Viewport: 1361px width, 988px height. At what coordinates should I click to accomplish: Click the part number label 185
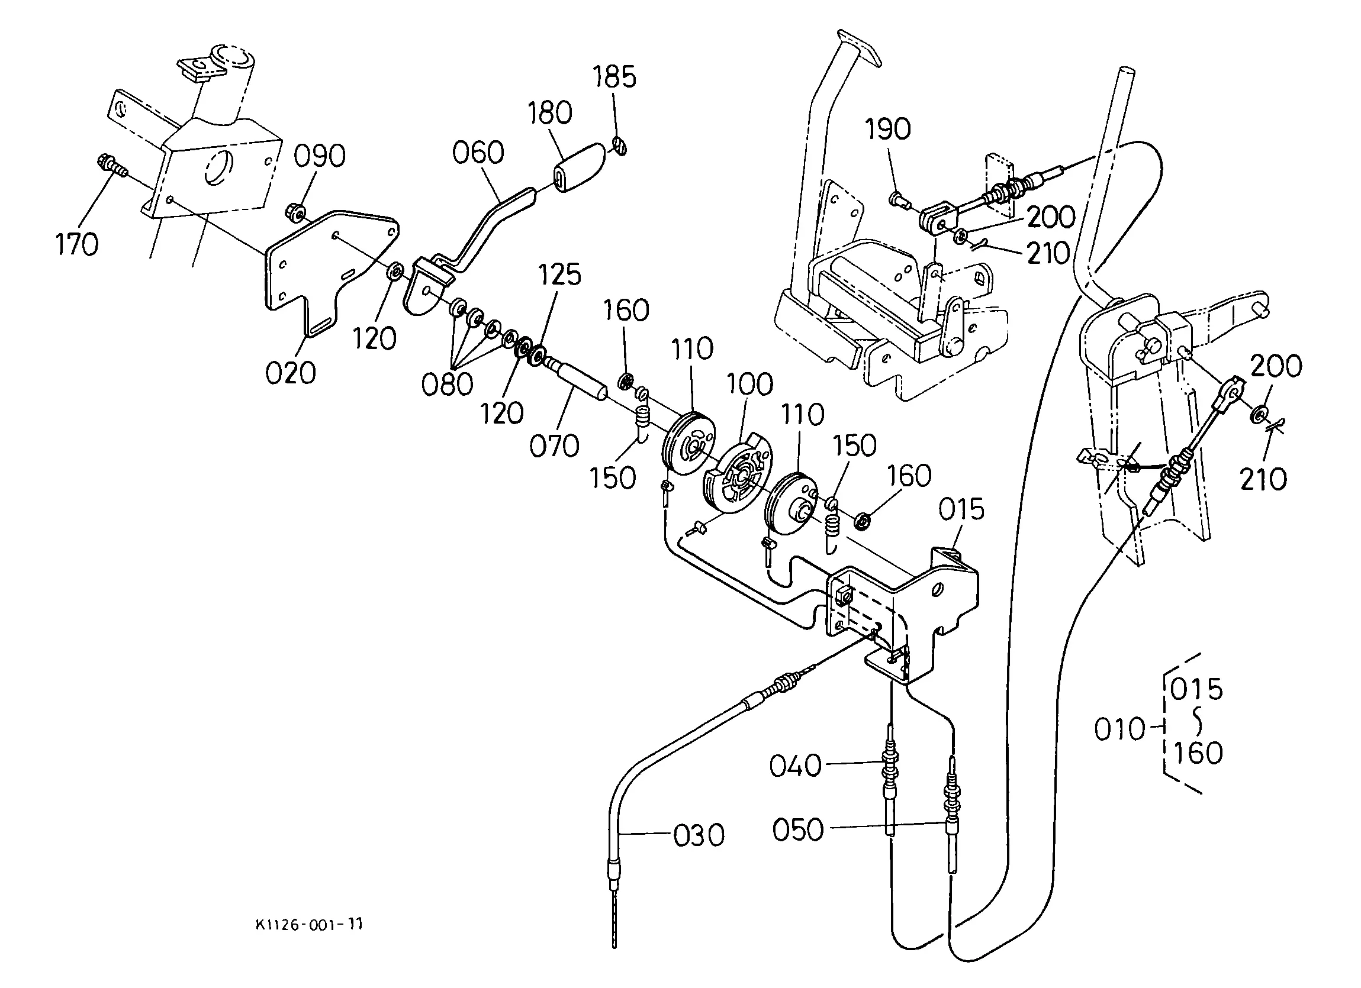click(614, 78)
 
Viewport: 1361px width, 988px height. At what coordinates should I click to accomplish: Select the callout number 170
click(77, 245)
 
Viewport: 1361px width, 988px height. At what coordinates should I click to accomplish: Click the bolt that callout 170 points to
click(112, 166)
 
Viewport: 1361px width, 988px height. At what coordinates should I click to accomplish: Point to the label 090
click(319, 157)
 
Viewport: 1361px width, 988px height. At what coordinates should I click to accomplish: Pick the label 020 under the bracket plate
click(291, 373)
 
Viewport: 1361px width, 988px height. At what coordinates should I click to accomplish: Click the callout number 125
click(559, 275)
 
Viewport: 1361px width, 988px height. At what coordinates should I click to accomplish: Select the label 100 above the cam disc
click(750, 385)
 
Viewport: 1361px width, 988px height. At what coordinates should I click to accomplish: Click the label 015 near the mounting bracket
click(961, 510)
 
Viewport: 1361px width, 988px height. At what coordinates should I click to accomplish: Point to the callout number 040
click(796, 766)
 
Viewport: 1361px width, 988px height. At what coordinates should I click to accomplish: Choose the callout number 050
click(798, 830)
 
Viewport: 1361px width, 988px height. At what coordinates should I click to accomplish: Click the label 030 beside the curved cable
click(699, 835)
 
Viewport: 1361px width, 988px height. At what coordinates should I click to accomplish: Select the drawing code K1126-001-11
click(309, 925)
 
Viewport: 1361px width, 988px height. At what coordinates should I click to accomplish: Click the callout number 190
click(888, 130)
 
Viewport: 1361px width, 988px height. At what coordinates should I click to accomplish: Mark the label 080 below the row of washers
click(447, 384)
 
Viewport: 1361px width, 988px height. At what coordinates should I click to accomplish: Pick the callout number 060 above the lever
click(478, 153)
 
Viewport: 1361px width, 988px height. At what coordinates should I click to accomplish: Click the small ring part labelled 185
click(620, 145)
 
